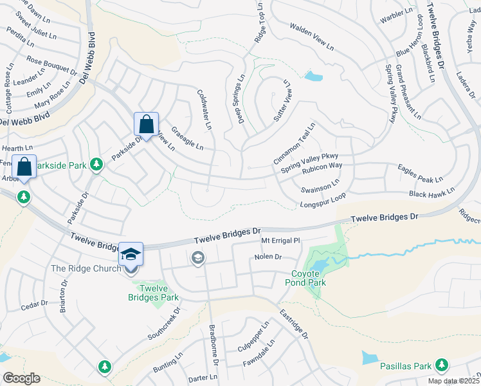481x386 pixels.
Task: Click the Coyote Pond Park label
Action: pyautogui.click(x=305, y=277)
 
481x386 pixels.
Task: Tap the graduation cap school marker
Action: pyautogui.click(x=131, y=253)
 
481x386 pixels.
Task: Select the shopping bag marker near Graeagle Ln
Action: pyautogui.click(x=146, y=124)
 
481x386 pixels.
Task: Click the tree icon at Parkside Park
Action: pyautogui.click(x=96, y=165)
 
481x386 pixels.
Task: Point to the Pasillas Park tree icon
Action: pyautogui.click(x=441, y=366)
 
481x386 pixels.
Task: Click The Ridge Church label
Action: pyautogui.click(x=86, y=268)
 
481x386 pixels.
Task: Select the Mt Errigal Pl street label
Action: pyautogui.click(x=280, y=241)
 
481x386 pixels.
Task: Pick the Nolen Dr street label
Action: pyautogui.click(x=268, y=257)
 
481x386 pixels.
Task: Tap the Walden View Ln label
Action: pyautogui.click(x=312, y=37)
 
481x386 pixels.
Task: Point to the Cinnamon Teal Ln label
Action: pyautogui.click(x=294, y=143)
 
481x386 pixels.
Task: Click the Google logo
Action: pyautogui.click(x=21, y=378)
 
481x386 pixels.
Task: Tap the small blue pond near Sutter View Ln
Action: pyautogui.click(x=313, y=77)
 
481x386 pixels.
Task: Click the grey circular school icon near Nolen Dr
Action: pyautogui.click(x=197, y=259)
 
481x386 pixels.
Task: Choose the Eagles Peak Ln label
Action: pyautogui.click(x=421, y=174)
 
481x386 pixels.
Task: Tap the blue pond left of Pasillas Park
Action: pyautogui.click(x=371, y=358)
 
